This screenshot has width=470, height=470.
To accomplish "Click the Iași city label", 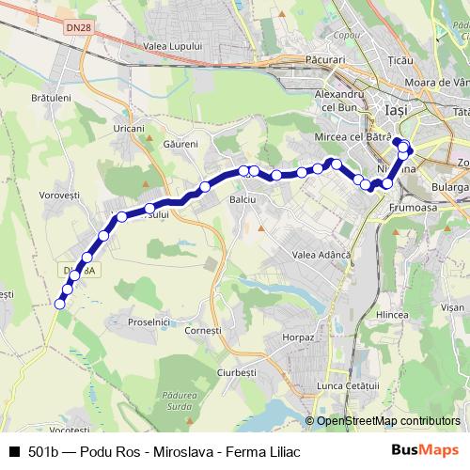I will pos(397,110).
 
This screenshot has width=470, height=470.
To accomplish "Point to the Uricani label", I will pos(129,128).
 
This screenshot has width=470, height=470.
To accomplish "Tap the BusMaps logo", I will pos(419,450).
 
